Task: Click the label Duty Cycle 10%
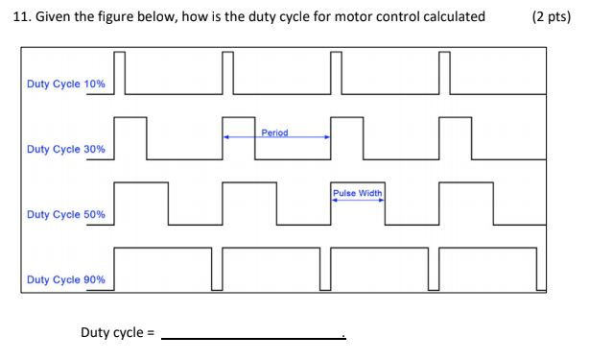pos(66,84)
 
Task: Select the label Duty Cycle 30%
pos(66,150)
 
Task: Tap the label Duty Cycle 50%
pos(66,214)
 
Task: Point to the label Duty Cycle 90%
pos(66,279)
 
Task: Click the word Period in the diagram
pos(274,132)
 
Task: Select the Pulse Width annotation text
pos(358,193)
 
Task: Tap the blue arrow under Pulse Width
pos(358,200)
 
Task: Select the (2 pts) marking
pos(551,15)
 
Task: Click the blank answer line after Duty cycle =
pos(253,337)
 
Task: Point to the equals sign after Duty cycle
pos(149,333)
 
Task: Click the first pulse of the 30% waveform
pos(130,137)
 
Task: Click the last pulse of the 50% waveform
pos(465,203)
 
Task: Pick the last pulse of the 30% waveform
pos(455,137)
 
